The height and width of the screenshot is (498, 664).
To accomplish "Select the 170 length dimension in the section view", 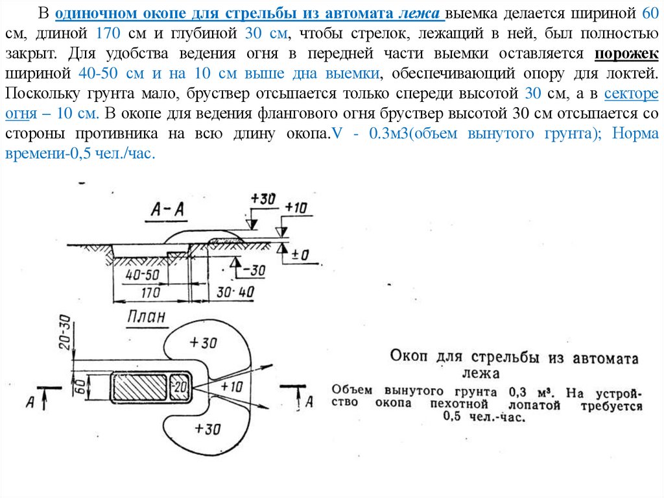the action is coord(150,292).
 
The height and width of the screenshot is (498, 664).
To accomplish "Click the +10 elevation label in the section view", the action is coord(296,208).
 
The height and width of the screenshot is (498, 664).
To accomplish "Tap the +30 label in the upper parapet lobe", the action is coord(204,342).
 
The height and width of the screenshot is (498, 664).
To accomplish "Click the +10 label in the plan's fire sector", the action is coord(231,386).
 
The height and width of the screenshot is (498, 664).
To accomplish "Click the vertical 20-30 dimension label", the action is coord(64,332).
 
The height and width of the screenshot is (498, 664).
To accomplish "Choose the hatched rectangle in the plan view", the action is coord(140,388).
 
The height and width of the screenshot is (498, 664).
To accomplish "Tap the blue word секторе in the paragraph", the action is coord(631,93).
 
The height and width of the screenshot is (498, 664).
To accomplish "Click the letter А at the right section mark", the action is coord(309,402).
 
